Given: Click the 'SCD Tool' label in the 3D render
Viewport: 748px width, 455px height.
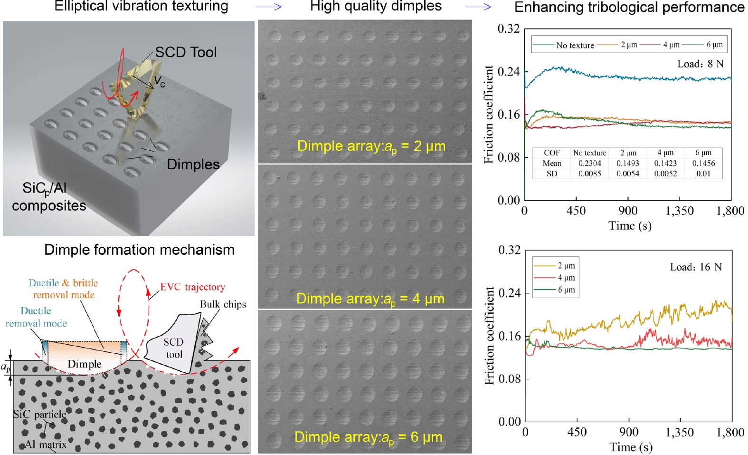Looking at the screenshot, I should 186,52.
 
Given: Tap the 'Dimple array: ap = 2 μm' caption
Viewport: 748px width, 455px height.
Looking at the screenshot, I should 371,146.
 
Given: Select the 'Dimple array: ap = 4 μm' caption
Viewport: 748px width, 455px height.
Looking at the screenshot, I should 370,299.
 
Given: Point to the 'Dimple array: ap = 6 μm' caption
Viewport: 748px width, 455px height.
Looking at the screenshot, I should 368,437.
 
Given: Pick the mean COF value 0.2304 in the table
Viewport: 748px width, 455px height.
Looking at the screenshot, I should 589,163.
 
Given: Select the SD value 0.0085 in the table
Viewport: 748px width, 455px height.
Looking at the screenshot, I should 589,174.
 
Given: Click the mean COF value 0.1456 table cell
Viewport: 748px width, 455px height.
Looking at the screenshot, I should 703,163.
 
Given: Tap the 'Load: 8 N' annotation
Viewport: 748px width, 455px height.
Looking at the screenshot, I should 700,64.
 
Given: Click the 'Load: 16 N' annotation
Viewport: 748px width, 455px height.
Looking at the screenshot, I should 695,267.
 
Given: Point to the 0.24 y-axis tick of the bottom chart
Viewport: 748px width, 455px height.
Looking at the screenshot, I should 509,293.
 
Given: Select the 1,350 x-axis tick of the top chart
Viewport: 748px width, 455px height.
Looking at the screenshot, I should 679,211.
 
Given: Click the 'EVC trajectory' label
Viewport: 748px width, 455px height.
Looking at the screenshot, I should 192,287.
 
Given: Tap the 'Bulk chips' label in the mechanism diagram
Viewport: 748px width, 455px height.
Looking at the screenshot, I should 223,304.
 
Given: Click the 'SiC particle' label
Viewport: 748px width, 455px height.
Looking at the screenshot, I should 39,414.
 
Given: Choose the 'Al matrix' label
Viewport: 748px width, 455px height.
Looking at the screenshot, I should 46,445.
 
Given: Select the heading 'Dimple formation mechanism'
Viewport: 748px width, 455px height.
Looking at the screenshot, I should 139,250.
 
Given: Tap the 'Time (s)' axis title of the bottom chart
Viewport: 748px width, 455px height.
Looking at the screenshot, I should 631,447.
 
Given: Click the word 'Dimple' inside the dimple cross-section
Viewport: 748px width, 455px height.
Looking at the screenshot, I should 85,364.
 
